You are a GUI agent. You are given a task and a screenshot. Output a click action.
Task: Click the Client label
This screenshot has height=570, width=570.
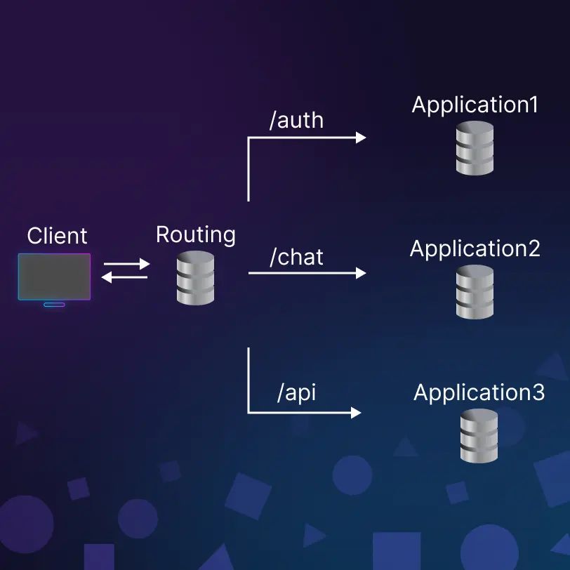click(58, 236)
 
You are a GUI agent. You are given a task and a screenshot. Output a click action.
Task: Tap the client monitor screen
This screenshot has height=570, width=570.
click(54, 277)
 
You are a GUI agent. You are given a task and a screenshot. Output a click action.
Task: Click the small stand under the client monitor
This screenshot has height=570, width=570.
click(54, 304)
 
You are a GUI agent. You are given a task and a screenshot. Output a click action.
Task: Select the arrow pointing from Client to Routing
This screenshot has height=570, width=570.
click(127, 265)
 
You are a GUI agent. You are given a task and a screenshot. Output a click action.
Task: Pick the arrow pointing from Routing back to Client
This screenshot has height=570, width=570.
click(125, 277)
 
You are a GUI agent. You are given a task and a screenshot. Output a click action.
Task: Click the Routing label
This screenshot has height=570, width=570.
click(195, 234)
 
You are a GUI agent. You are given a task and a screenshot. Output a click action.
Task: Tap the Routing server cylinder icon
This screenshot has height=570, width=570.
click(195, 278)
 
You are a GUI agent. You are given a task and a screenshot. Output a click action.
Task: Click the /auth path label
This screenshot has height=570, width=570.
click(296, 120)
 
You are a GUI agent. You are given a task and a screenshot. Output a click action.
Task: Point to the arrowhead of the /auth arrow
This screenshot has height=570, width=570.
click(361, 138)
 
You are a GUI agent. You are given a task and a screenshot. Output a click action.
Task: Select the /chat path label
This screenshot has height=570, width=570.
click(296, 257)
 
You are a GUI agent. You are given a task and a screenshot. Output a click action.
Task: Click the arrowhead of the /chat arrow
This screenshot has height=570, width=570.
click(361, 273)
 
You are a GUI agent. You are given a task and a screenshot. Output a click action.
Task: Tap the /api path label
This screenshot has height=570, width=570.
click(296, 392)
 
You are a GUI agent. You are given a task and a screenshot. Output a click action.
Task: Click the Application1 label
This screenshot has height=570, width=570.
click(475, 105)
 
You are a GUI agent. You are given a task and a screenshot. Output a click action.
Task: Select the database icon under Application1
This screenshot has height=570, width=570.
click(475, 148)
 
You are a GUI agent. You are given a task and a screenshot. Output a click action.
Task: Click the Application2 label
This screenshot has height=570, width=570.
click(475, 248)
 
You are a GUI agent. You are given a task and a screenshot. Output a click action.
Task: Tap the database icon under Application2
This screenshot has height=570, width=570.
click(475, 292)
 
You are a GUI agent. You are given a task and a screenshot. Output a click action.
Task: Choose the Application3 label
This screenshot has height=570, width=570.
click(479, 392)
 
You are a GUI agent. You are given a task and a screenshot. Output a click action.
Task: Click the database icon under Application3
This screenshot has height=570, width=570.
click(479, 436)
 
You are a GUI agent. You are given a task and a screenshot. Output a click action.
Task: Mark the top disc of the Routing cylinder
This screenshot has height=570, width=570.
click(195, 258)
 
